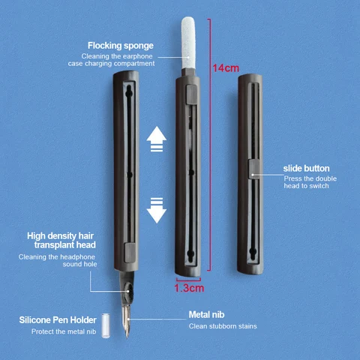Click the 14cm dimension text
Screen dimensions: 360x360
pos(223,68)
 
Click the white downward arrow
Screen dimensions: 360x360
pos(155,209)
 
